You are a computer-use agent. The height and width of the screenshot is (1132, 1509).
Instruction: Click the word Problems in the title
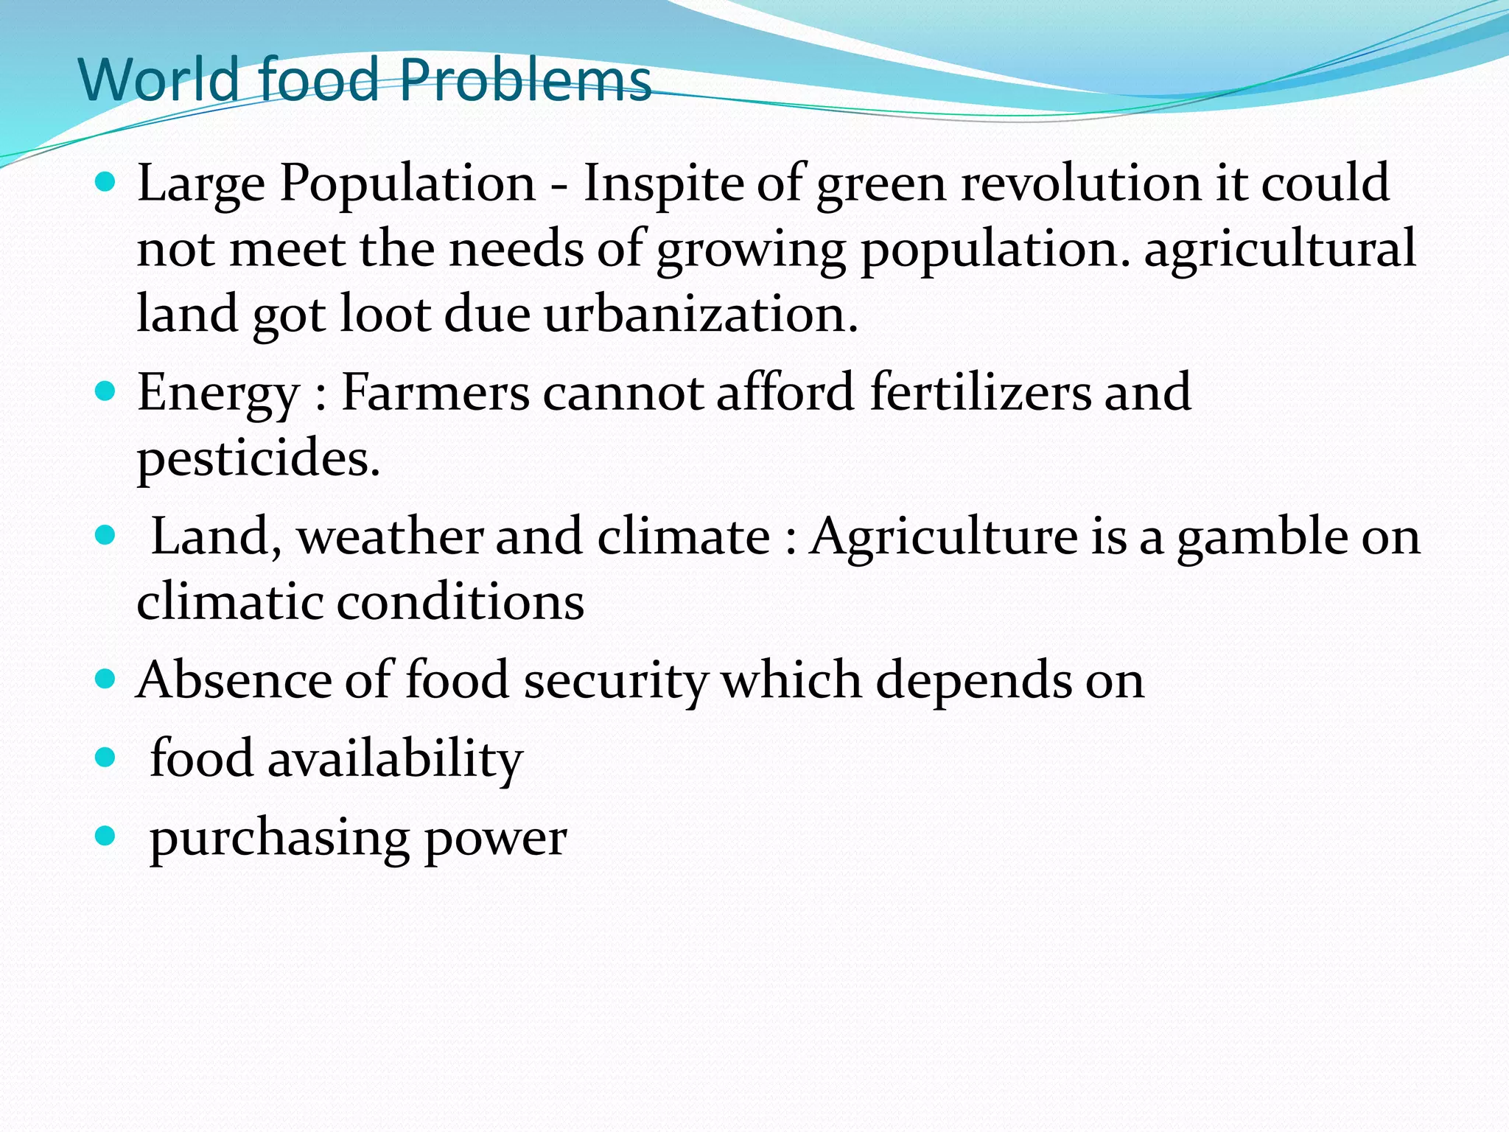click(525, 80)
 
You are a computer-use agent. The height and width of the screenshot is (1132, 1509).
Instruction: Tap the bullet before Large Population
click(106, 181)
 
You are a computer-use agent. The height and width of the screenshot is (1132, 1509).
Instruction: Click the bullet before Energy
click(106, 391)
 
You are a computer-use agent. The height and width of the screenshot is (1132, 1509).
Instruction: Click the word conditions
click(461, 602)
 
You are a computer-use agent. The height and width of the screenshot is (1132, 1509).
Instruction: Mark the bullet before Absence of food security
click(106, 678)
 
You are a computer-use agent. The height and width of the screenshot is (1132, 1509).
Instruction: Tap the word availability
click(395, 759)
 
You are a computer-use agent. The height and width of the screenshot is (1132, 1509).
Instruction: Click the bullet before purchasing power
click(106, 836)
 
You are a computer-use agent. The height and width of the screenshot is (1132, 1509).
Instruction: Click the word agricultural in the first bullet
click(1279, 249)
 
